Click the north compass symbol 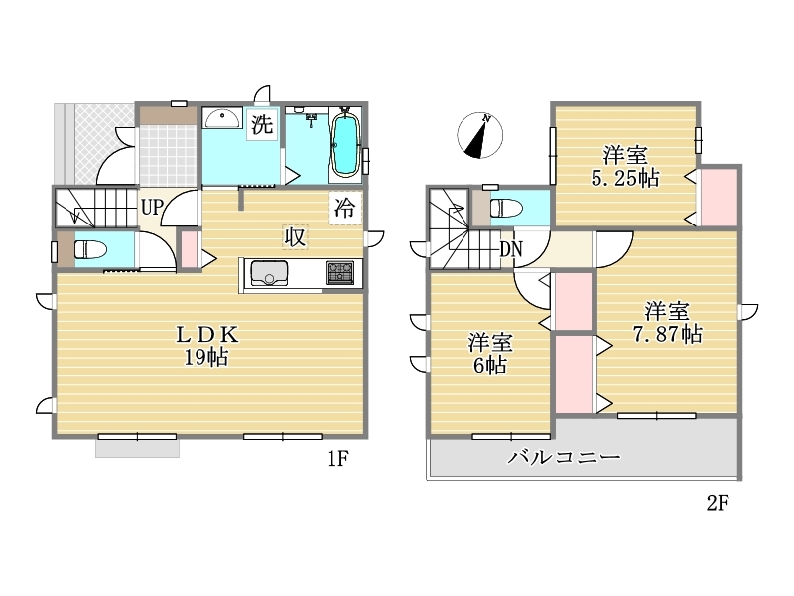coord(480,135)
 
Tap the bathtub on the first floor coord(344,145)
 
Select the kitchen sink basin coord(269,273)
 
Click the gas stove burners coord(339,272)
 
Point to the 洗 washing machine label coord(262,124)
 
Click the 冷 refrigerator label coord(344,208)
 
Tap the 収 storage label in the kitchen coord(295,236)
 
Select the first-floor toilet coord(90,249)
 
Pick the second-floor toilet coord(506,208)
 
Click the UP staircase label coord(152,207)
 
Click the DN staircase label coord(510,249)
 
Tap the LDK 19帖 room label coord(206,346)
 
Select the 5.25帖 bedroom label coord(625,166)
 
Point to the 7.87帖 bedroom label coord(667,322)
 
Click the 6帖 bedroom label coord(490,354)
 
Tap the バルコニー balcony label coord(564,457)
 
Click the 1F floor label coord(337,459)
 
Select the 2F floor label coord(717,503)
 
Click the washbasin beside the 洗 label coord(221,118)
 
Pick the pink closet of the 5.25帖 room coord(719,197)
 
